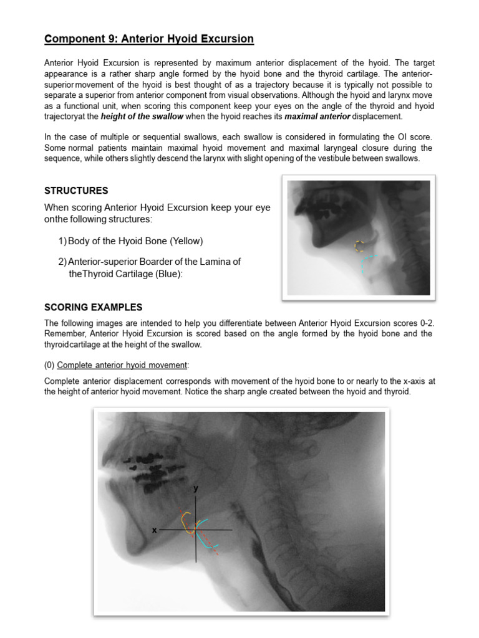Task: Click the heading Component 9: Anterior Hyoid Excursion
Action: pyautogui.click(x=149, y=39)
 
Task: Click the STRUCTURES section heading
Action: pyautogui.click(x=76, y=191)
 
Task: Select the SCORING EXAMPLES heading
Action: pyautogui.click(x=93, y=307)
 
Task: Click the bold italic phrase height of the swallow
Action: pyautogui.click(x=142, y=117)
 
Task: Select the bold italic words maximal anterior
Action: pyautogui.click(x=317, y=117)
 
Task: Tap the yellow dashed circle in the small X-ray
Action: pyautogui.click(x=359, y=246)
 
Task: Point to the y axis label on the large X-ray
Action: pyautogui.click(x=196, y=488)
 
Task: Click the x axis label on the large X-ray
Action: pyautogui.click(x=154, y=530)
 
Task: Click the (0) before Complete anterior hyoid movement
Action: pyautogui.click(x=49, y=364)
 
